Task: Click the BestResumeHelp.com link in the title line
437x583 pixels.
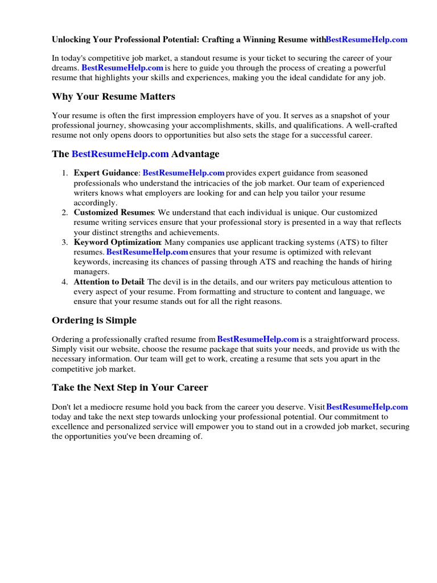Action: (366, 39)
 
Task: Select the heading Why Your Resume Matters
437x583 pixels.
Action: (113, 96)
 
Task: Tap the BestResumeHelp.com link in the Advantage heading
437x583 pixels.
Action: (120, 154)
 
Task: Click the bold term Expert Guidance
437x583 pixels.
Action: (106, 173)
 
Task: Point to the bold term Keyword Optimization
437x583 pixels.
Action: (117, 242)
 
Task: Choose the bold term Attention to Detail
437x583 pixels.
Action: (109, 282)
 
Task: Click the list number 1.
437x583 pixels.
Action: (65, 173)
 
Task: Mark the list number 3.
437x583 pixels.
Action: (65, 242)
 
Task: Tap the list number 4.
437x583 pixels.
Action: (65, 282)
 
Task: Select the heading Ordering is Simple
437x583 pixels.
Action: (94, 320)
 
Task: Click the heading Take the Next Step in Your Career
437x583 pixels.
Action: (130, 387)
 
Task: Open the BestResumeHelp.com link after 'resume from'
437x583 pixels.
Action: (258, 339)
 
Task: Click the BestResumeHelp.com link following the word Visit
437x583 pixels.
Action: (367, 407)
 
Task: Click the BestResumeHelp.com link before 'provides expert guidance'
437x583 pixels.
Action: (183, 173)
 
